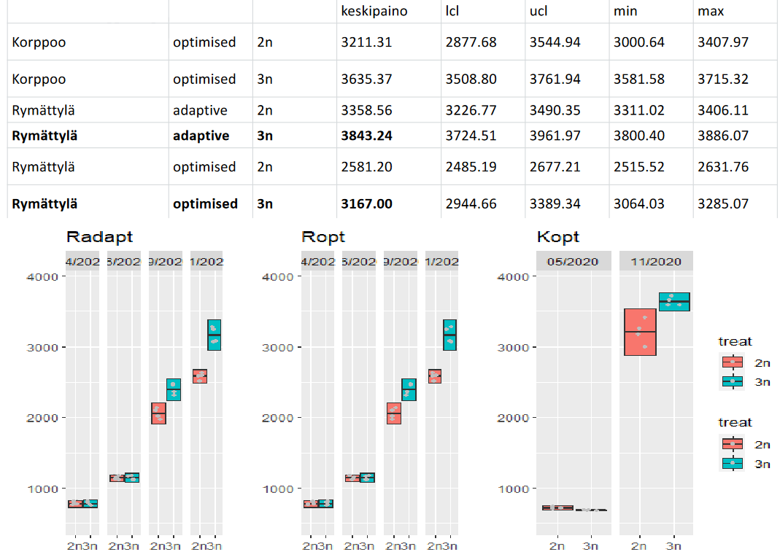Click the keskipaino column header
click(x=374, y=12)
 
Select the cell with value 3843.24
click(x=367, y=136)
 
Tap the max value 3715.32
click(x=723, y=79)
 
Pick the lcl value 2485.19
click(x=471, y=167)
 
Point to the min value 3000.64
click(x=639, y=42)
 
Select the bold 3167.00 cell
click(x=367, y=203)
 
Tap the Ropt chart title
click(x=323, y=237)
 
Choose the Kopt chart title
click(x=558, y=237)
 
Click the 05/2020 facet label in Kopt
click(x=574, y=262)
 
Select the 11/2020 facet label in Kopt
click(x=656, y=262)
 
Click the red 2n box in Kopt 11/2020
click(x=640, y=332)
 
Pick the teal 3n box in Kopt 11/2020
click(x=673, y=302)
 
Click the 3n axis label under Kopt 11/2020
click(x=673, y=545)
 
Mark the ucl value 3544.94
click(x=555, y=42)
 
